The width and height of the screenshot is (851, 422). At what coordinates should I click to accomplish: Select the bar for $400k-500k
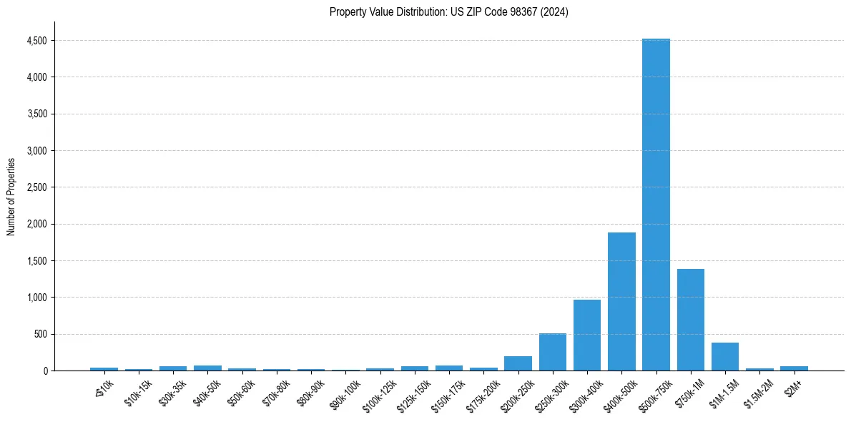[621, 301]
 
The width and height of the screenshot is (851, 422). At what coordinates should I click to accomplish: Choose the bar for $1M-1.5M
[724, 356]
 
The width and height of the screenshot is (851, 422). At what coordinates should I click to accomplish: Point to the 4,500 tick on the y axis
[37, 41]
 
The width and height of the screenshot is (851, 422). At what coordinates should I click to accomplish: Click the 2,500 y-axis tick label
[37, 187]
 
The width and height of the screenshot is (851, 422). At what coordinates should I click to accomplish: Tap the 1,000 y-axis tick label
[37, 298]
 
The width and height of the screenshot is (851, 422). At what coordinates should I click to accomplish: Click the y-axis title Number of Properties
[11, 196]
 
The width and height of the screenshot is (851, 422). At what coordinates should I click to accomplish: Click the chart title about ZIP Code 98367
[449, 11]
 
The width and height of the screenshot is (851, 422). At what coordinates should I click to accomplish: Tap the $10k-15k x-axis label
[137, 392]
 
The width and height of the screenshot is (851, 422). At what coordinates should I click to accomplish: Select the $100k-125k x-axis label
[378, 394]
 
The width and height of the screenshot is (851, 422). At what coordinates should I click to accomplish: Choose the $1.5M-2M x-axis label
[757, 393]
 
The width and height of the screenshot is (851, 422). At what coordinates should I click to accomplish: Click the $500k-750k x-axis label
[654, 394]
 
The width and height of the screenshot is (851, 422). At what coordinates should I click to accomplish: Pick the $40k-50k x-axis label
[206, 392]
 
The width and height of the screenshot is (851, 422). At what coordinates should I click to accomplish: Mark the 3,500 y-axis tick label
[37, 114]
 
